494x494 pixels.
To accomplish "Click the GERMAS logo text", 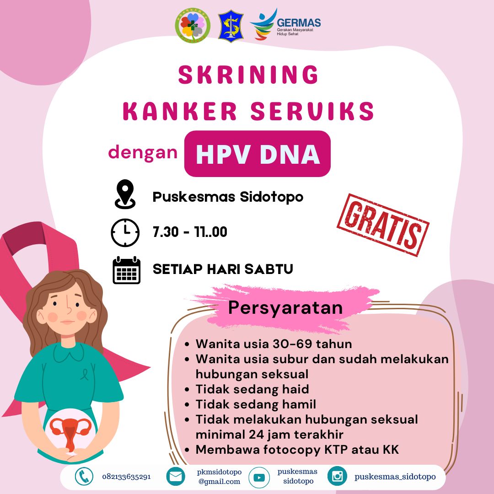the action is coord(298,23).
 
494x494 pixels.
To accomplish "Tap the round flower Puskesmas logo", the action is coord(193,26).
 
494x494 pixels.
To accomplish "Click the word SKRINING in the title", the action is coord(248,75).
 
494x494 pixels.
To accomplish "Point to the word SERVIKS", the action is coord(312,111).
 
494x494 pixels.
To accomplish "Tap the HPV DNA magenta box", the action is coord(258,154).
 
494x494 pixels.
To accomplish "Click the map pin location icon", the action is coord(125,194).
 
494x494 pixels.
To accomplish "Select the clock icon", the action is coord(125,232).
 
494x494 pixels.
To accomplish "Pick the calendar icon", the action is coord(126,270).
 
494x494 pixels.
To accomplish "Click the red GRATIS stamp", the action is coord(383,225).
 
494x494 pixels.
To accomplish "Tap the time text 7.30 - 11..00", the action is coord(190,232).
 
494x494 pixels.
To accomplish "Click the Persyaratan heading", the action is coord(285,308).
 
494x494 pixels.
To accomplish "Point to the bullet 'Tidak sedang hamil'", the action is coord(256,404).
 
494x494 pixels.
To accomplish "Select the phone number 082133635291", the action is coord(126,477).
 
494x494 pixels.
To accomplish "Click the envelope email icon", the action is coord(176,477).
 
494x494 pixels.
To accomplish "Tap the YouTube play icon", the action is coord(259,478).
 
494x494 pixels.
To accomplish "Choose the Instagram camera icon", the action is coord(337,476).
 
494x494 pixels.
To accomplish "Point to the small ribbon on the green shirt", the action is coord(84,374).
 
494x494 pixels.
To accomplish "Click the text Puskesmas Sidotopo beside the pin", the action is coord(228,197).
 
